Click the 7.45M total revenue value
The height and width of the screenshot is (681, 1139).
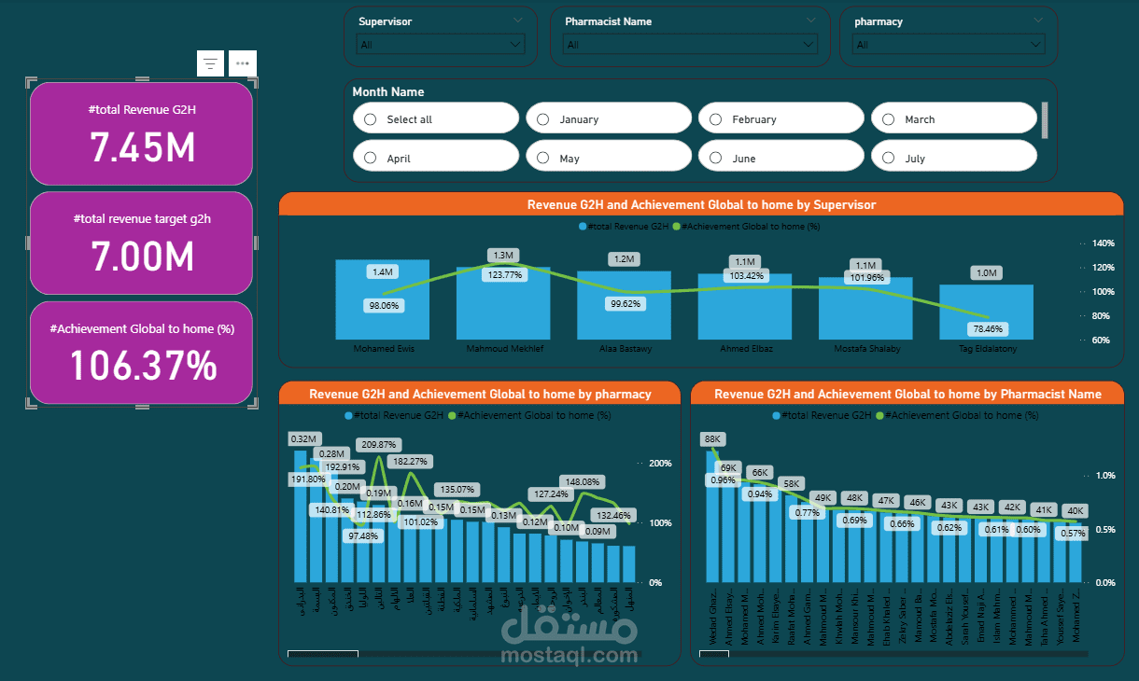pyautogui.click(x=142, y=146)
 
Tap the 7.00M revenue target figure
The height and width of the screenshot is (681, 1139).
pyautogui.click(x=142, y=256)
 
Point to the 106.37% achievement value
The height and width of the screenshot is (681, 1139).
pyautogui.click(x=142, y=366)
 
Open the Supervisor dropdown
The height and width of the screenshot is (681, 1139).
pyautogui.click(x=441, y=44)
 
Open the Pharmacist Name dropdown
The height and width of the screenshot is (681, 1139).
pyautogui.click(x=691, y=44)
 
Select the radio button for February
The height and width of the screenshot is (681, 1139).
pyautogui.click(x=716, y=119)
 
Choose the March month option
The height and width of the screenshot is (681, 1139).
pyautogui.click(x=889, y=119)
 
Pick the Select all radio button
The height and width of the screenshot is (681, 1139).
pyautogui.click(x=371, y=119)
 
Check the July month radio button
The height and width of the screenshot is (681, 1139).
pyautogui.click(x=889, y=159)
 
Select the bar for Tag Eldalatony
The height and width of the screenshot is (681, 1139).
pyautogui.click(x=986, y=312)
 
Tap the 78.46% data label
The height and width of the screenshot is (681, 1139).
pyautogui.click(x=988, y=328)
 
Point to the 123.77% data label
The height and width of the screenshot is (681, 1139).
pyautogui.click(x=505, y=274)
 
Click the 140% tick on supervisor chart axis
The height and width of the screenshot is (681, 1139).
pyautogui.click(x=1103, y=243)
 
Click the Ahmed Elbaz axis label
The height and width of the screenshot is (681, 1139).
pyautogui.click(x=745, y=349)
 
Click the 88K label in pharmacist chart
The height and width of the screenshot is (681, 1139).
pyautogui.click(x=713, y=438)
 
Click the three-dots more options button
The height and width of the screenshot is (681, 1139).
pyautogui.click(x=243, y=63)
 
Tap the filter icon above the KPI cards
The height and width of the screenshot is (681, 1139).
pyautogui.click(x=211, y=63)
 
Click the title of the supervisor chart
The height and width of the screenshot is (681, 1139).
pyautogui.click(x=701, y=204)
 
